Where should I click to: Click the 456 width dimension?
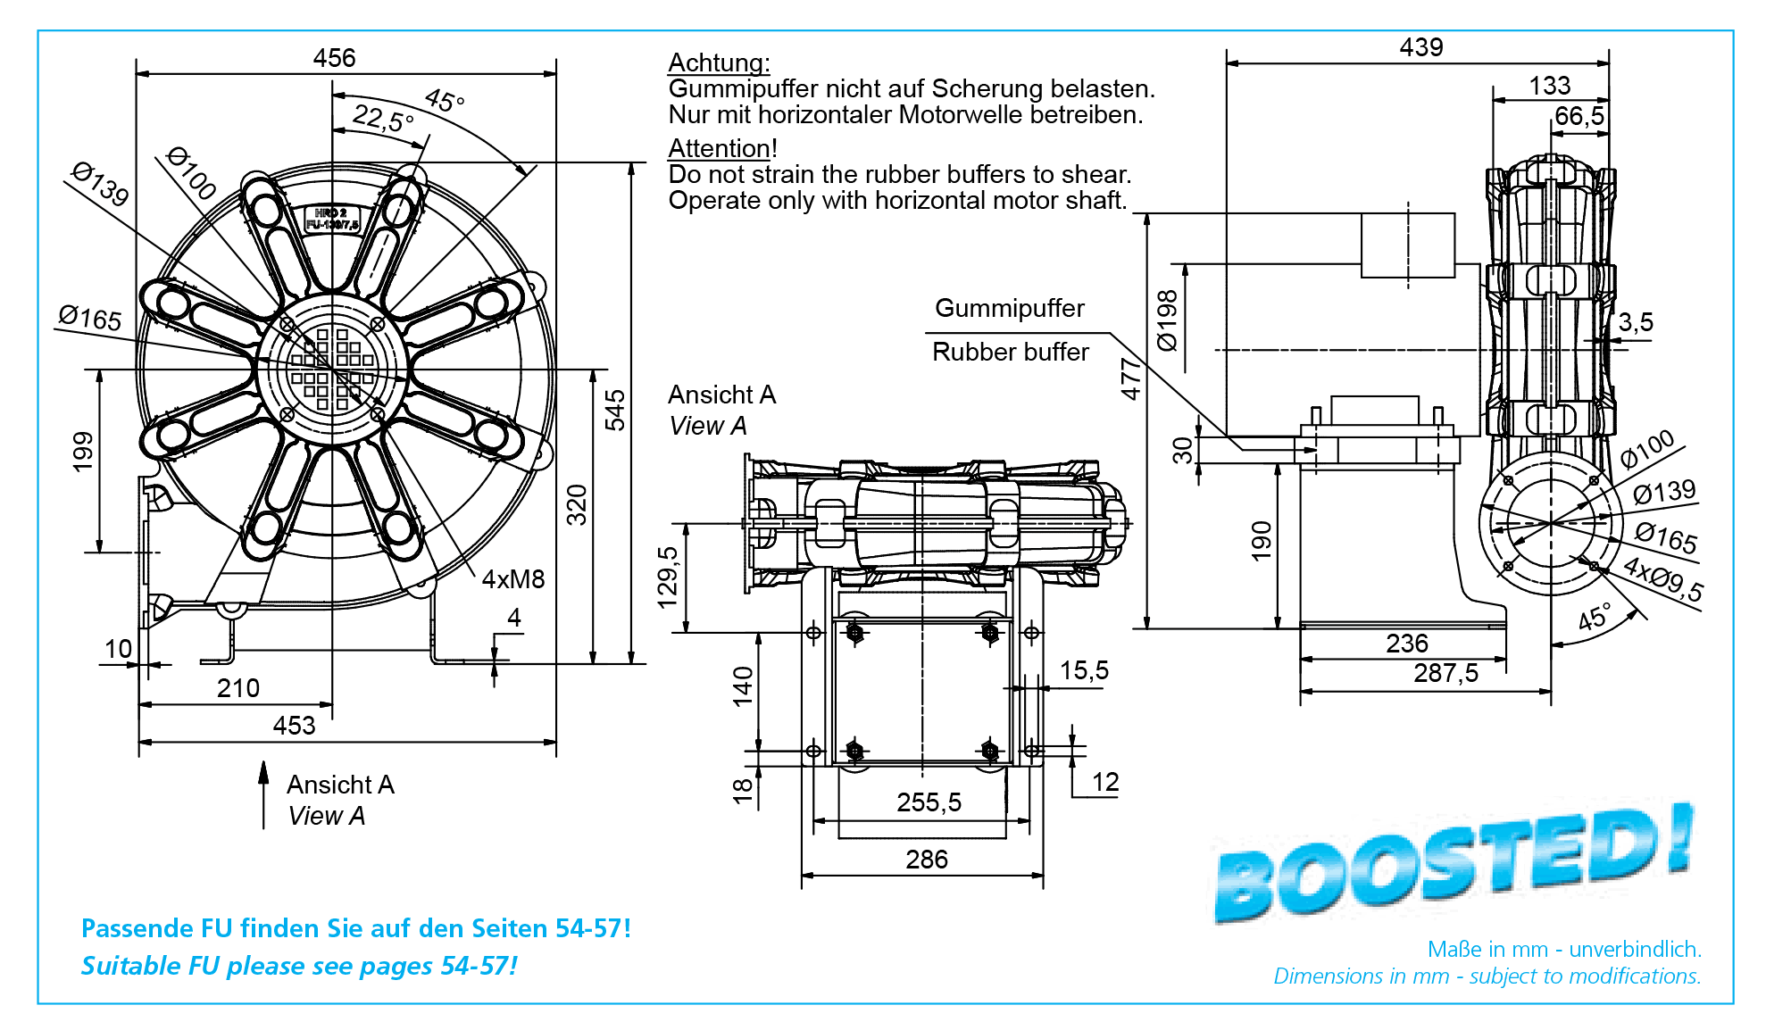[x=334, y=58]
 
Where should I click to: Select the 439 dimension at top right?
[x=1421, y=47]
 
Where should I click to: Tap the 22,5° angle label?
[x=384, y=118]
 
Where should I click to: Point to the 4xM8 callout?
[x=513, y=579]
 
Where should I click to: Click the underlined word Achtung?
[x=718, y=62]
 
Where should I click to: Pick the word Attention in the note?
[x=719, y=148]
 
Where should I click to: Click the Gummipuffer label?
[x=1010, y=308]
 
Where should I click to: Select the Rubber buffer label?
[x=1011, y=352]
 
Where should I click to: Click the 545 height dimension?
[x=615, y=410]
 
